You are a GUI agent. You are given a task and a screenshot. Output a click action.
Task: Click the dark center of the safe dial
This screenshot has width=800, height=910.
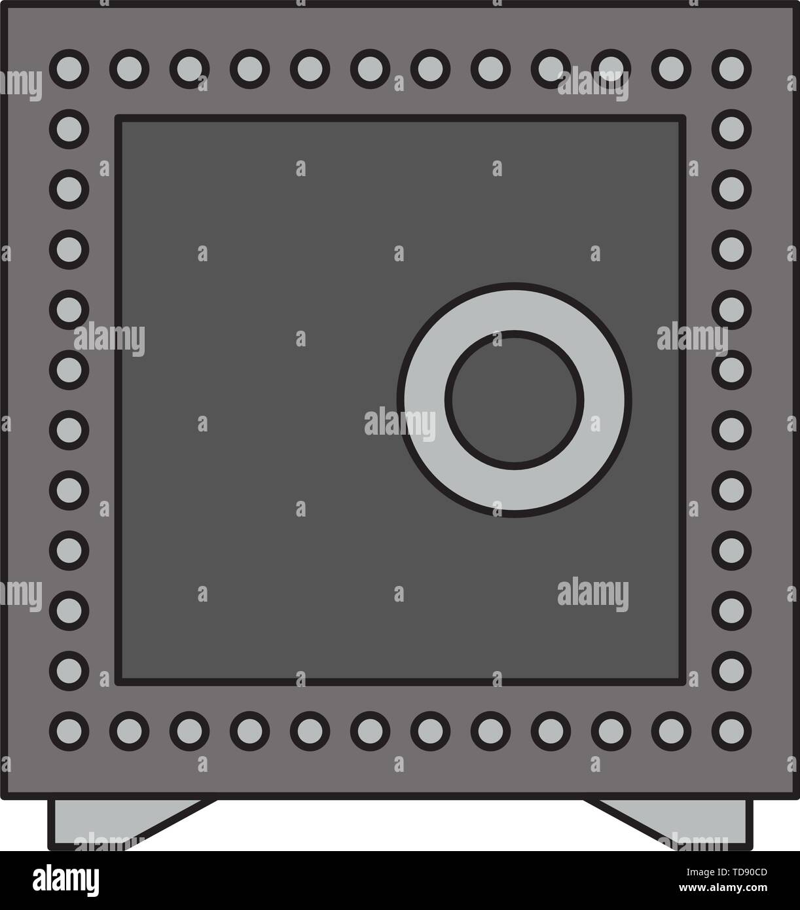coord(514,400)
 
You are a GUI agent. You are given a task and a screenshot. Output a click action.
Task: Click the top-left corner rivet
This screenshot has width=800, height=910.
coord(69,69)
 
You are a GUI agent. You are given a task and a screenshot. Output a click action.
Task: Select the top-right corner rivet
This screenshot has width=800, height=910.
coord(731,69)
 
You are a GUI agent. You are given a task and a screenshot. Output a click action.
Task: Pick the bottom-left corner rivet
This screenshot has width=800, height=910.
coord(69,731)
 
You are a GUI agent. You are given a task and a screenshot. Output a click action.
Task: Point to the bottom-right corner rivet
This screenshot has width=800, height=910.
coord(731,731)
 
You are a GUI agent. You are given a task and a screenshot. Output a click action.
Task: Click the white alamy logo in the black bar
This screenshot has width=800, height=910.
coord(65,879)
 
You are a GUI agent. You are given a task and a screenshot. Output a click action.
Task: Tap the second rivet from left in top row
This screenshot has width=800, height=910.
coord(130,69)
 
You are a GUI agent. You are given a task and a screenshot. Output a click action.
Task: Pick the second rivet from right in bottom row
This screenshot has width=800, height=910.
coord(671,731)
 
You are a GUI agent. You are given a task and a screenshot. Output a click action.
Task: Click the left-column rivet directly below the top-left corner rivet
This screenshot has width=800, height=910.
coord(69,129)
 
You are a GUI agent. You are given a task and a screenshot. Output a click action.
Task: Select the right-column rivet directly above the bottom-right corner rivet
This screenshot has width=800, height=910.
coord(731,671)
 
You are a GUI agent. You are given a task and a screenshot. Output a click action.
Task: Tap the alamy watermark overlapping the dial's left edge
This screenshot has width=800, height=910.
coord(400,423)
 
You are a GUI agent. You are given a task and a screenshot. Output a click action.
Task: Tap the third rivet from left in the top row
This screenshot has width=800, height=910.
coord(190,69)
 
